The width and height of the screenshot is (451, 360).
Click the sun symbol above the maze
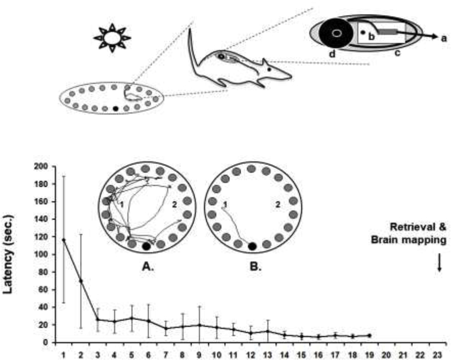tap(112, 37)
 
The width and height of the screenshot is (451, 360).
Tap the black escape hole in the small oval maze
tap(116, 108)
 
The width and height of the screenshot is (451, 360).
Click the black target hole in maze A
tap(147, 246)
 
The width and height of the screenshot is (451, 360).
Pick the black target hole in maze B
tap(252, 246)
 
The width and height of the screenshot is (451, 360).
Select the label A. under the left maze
tap(147, 264)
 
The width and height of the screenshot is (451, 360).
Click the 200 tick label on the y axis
tap(41, 166)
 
